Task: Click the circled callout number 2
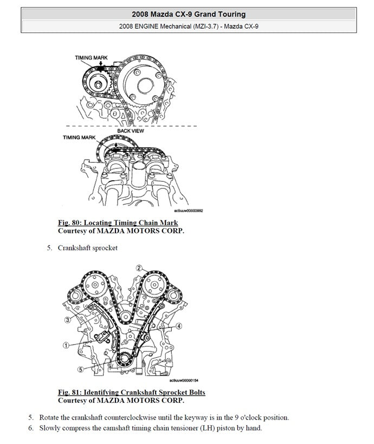pos(139,268)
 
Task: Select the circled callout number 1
pos(65,344)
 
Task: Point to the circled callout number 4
pos(179,326)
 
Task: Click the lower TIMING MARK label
pos(79,137)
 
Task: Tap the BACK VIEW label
pos(130,131)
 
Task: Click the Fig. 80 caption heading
pos(118,223)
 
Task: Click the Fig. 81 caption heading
pos(132,392)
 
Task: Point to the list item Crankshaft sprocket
pos(87,248)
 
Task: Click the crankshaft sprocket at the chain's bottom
pos(123,359)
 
